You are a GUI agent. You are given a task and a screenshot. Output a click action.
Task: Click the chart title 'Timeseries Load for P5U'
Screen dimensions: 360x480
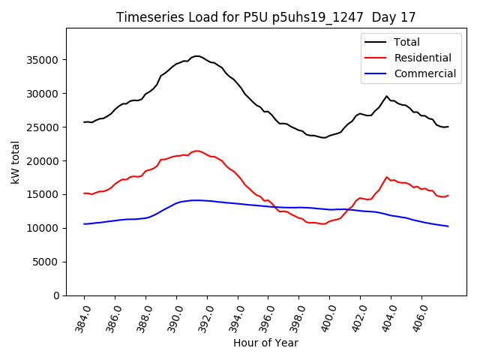(265, 16)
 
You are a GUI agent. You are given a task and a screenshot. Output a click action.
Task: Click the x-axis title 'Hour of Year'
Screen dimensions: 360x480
(265, 343)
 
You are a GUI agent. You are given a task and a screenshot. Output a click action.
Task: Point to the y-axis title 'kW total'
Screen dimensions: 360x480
(16, 162)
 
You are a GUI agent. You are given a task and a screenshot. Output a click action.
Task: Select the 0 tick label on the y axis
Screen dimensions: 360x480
(57, 295)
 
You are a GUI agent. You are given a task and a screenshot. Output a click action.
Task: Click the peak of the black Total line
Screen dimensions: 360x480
(196, 56)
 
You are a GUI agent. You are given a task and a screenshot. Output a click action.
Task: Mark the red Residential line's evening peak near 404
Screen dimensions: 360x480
(387, 178)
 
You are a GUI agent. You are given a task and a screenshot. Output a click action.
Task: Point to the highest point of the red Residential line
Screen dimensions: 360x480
(196, 151)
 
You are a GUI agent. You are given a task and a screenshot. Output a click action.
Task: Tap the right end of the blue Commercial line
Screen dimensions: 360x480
(448, 226)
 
